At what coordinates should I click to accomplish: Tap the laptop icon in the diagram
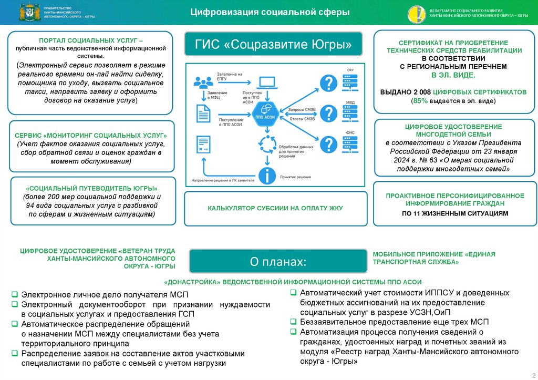coord(267,83)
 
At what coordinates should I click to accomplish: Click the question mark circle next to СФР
coord(328,83)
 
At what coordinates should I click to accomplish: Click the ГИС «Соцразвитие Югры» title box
coord(273,45)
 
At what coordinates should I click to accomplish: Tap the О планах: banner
coord(278,261)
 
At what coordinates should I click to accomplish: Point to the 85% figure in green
coord(421,100)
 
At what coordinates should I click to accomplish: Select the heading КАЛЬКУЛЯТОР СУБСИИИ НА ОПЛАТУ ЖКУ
coord(275,208)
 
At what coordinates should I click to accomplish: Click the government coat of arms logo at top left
coord(27,13)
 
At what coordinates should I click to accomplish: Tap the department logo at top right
coord(415,13)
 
